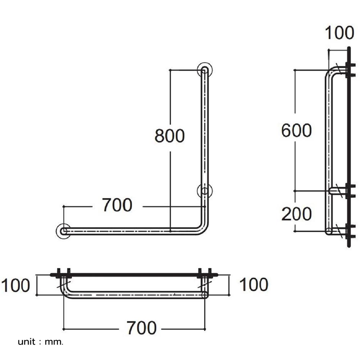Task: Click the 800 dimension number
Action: click(x=170, y=136)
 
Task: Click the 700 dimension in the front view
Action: click(x=117, y=205)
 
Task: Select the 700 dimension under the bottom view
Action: click(x=141, y=328)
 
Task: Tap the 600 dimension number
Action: click(x=296, y=130)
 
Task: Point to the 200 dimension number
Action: click(x=296, y=214)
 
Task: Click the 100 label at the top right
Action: click(x=339, y=33)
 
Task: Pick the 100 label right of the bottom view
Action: click(x=254, y=285)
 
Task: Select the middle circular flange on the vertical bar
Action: click(x=204, y=190)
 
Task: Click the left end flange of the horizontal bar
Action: click(x=63, y=230)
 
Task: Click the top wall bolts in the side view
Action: click(x=351, y=70)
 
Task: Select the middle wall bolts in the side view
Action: click(x=351, y=191)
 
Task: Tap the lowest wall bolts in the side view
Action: click(x=351, y=231)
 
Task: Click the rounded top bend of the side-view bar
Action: click(x=332, y=73)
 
